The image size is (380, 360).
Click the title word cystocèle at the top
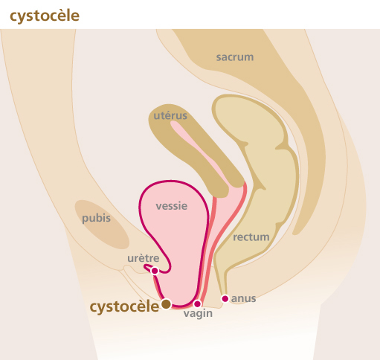point(45,16)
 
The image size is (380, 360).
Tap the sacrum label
point(235,57)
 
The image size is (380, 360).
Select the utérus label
point(170,115)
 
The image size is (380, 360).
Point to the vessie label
point(172,206)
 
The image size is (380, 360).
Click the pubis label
point(96,219)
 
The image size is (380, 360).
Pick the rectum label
point(251,237)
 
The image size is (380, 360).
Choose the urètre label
point(144,258)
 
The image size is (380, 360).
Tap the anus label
point(243,299)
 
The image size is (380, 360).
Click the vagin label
point(198,314)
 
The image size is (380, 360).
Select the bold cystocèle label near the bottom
point(124,307)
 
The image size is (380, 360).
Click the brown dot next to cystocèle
point(166,303)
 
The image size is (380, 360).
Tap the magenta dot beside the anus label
point(225,299)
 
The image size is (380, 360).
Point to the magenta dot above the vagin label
point(197,303)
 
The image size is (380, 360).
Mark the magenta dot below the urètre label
point(155,271)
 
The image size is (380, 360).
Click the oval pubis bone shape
point(102,225)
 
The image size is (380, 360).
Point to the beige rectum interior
point(255,173)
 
